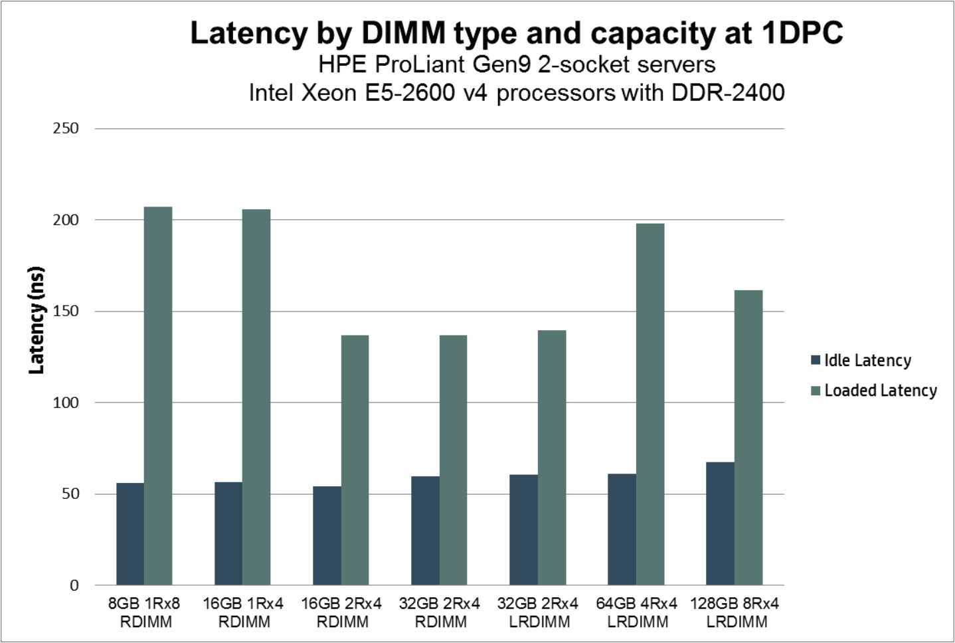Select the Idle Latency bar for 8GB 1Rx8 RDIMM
(x=130, y=534)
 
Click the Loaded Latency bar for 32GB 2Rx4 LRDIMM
(x=552, y=458)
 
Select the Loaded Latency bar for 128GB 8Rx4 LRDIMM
(x=748, y=438)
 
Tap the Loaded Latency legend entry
(x=873, y=391)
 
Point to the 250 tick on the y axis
(x=66, y=128)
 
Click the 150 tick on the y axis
(x=66, y=311)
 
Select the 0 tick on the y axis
(x=74, y=585)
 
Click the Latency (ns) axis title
(x=37, y=320)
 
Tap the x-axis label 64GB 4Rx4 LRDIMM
(x=636, y=612)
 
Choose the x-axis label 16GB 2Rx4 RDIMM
(x=341, y=612)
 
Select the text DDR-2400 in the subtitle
(x=728, y=92)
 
